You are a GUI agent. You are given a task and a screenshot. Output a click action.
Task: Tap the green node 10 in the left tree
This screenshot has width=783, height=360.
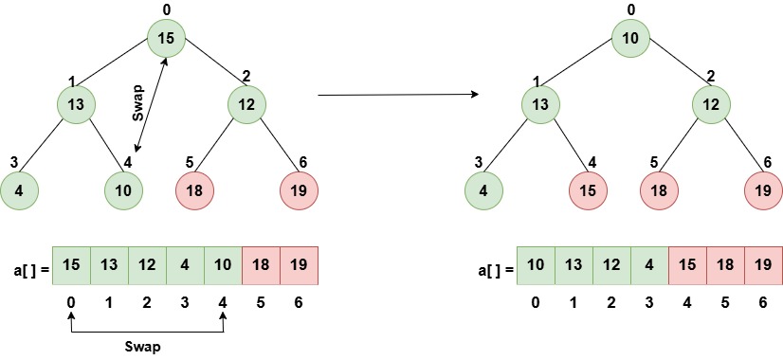point(122,189)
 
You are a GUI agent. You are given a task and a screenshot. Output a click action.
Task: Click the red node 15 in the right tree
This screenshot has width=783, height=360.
point(587,189)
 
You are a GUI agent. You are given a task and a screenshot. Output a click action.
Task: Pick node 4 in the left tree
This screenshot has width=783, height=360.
point(19,189)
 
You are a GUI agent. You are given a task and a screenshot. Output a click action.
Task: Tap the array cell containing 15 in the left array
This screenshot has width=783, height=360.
point(71,265)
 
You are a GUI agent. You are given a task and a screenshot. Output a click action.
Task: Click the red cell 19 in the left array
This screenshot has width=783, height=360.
point(299,265)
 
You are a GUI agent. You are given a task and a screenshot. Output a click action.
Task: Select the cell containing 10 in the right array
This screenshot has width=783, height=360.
point(536,265)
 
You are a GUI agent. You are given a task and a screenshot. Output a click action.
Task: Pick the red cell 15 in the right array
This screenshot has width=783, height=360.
point(687,265)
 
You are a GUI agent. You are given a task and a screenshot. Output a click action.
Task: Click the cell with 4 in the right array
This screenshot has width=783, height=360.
point(649,265)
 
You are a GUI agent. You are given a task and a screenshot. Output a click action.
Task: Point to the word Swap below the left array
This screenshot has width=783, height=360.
point(147,348)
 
